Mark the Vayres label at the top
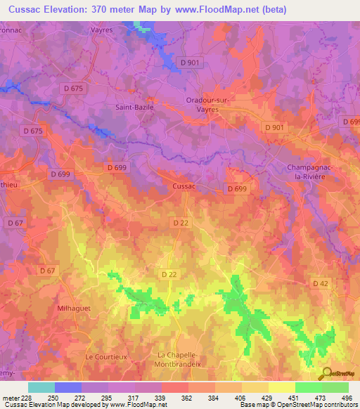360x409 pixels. [x=102, y=30]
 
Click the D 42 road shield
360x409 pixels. [x=320, y=283]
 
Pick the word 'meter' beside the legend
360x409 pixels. [x=10, y=397]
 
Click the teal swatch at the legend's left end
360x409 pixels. [x=41, y=387]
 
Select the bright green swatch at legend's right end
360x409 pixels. [x=335, y=387]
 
